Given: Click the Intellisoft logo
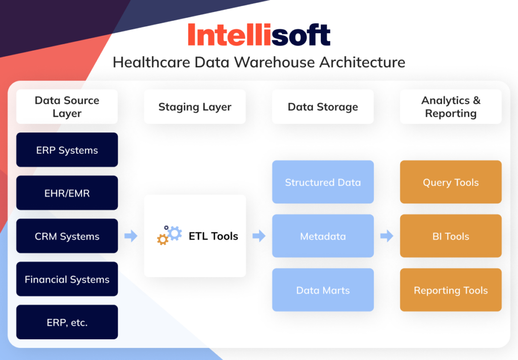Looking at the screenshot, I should (259, 35).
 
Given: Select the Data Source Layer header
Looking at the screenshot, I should (67, 107).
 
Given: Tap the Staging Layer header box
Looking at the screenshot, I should (195, 107).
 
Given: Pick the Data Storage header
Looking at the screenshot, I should (323, 107).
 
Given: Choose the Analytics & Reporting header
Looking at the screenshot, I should (451, 107).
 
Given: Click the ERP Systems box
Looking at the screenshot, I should (67, 150).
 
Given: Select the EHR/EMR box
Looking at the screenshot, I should (67, 193).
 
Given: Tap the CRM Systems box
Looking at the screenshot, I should (67, 236).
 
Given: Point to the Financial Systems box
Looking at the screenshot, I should (67, 279).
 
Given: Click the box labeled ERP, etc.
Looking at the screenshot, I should (67, 322).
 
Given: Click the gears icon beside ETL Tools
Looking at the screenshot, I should (169, 235).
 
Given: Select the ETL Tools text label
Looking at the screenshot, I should (213, 236).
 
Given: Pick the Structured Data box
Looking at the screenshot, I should (323, 183).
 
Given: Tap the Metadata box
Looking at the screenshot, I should (323, 236).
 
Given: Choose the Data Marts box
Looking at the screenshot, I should (323, 290).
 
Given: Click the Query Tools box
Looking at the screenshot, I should (451, 183).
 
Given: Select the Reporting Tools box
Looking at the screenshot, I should (451, 290).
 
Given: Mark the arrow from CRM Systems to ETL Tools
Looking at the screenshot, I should (131, 236).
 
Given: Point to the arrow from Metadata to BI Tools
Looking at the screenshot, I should (387, 236).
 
